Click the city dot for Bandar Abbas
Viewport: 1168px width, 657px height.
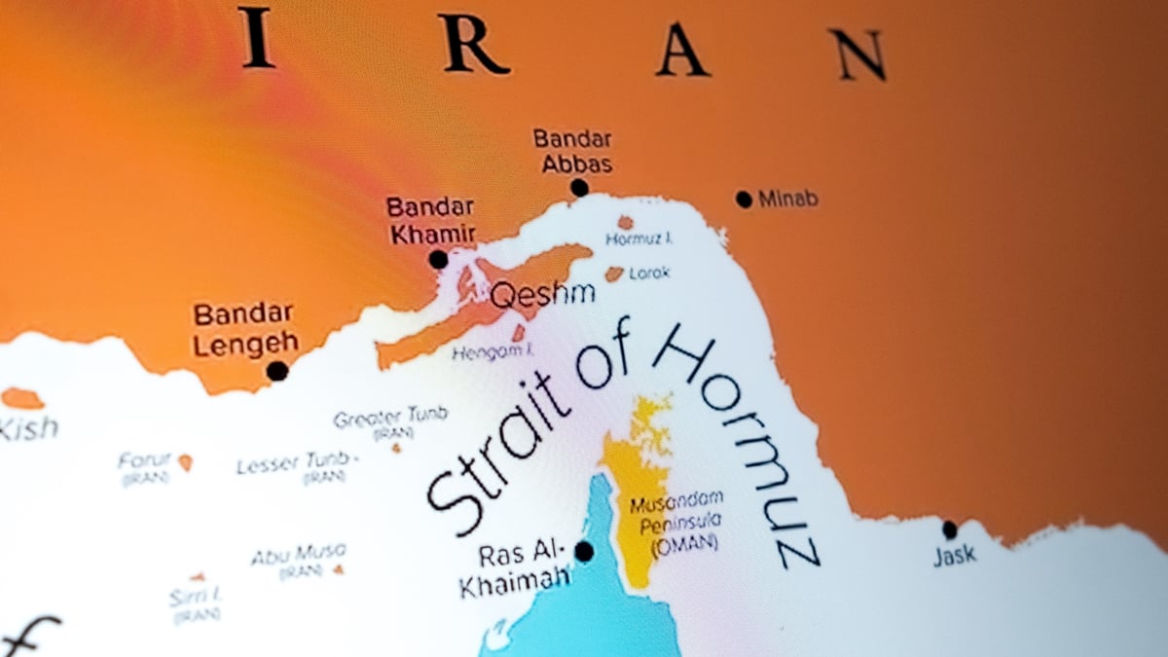click(580, 188)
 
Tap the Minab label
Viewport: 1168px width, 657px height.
click(787, 200)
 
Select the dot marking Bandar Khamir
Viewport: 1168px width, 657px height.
click(439, 260)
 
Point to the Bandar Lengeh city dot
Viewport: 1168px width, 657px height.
click(277, 371)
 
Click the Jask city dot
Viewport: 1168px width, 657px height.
click(950, 530)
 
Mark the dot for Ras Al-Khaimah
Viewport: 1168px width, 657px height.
click(584, 552)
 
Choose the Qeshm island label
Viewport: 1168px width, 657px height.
click(528, 295)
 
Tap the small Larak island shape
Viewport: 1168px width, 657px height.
click(614, 274)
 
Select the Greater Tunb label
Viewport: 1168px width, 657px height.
click(390, 418)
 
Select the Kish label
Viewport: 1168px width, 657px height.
click(27, 427)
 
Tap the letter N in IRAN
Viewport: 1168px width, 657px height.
click(858, 55)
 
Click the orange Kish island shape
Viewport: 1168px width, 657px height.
click(21, 398)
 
